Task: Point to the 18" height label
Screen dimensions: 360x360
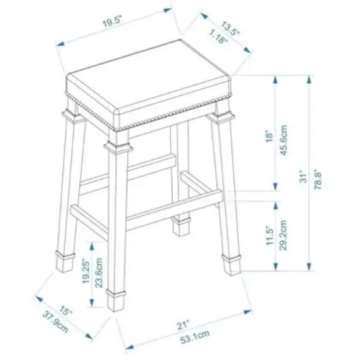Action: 268,136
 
